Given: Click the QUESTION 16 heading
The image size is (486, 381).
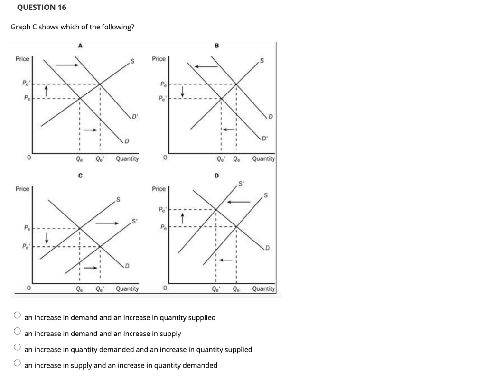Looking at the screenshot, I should (x=41, y=8).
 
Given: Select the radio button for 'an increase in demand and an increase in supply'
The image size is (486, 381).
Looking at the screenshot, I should (x=18, y=331).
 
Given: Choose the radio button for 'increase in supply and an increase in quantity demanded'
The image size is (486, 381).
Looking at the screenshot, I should (x=18, y=362).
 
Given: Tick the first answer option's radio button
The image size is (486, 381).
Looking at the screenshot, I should (x=18, y=315).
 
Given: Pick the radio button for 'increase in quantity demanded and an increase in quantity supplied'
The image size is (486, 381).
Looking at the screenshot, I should (x=18, y=347).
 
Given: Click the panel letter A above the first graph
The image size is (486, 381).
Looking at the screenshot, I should (x=80, y=46).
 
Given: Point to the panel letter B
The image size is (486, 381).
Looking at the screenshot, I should (x=217, y=46).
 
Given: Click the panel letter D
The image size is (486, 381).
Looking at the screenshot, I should (x=217, y=177).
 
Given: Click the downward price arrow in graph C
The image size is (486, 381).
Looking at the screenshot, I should (x=46, y=237).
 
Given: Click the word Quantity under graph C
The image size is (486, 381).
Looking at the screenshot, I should (x=127, y=288).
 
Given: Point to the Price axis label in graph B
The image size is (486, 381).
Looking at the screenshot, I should (x=159, y=59).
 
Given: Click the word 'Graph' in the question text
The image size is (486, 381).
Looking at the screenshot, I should (x=20, y=27).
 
